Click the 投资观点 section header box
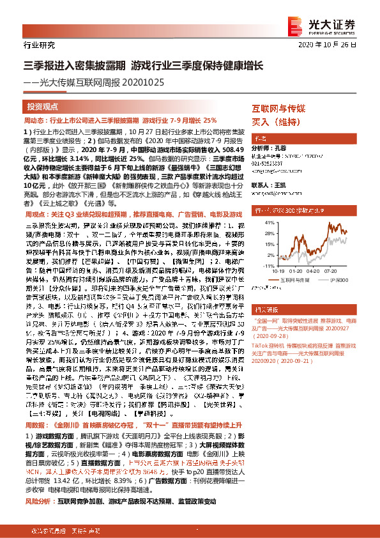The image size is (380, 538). click(x=43, y=106)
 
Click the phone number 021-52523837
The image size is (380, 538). click(x=269, y=164)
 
